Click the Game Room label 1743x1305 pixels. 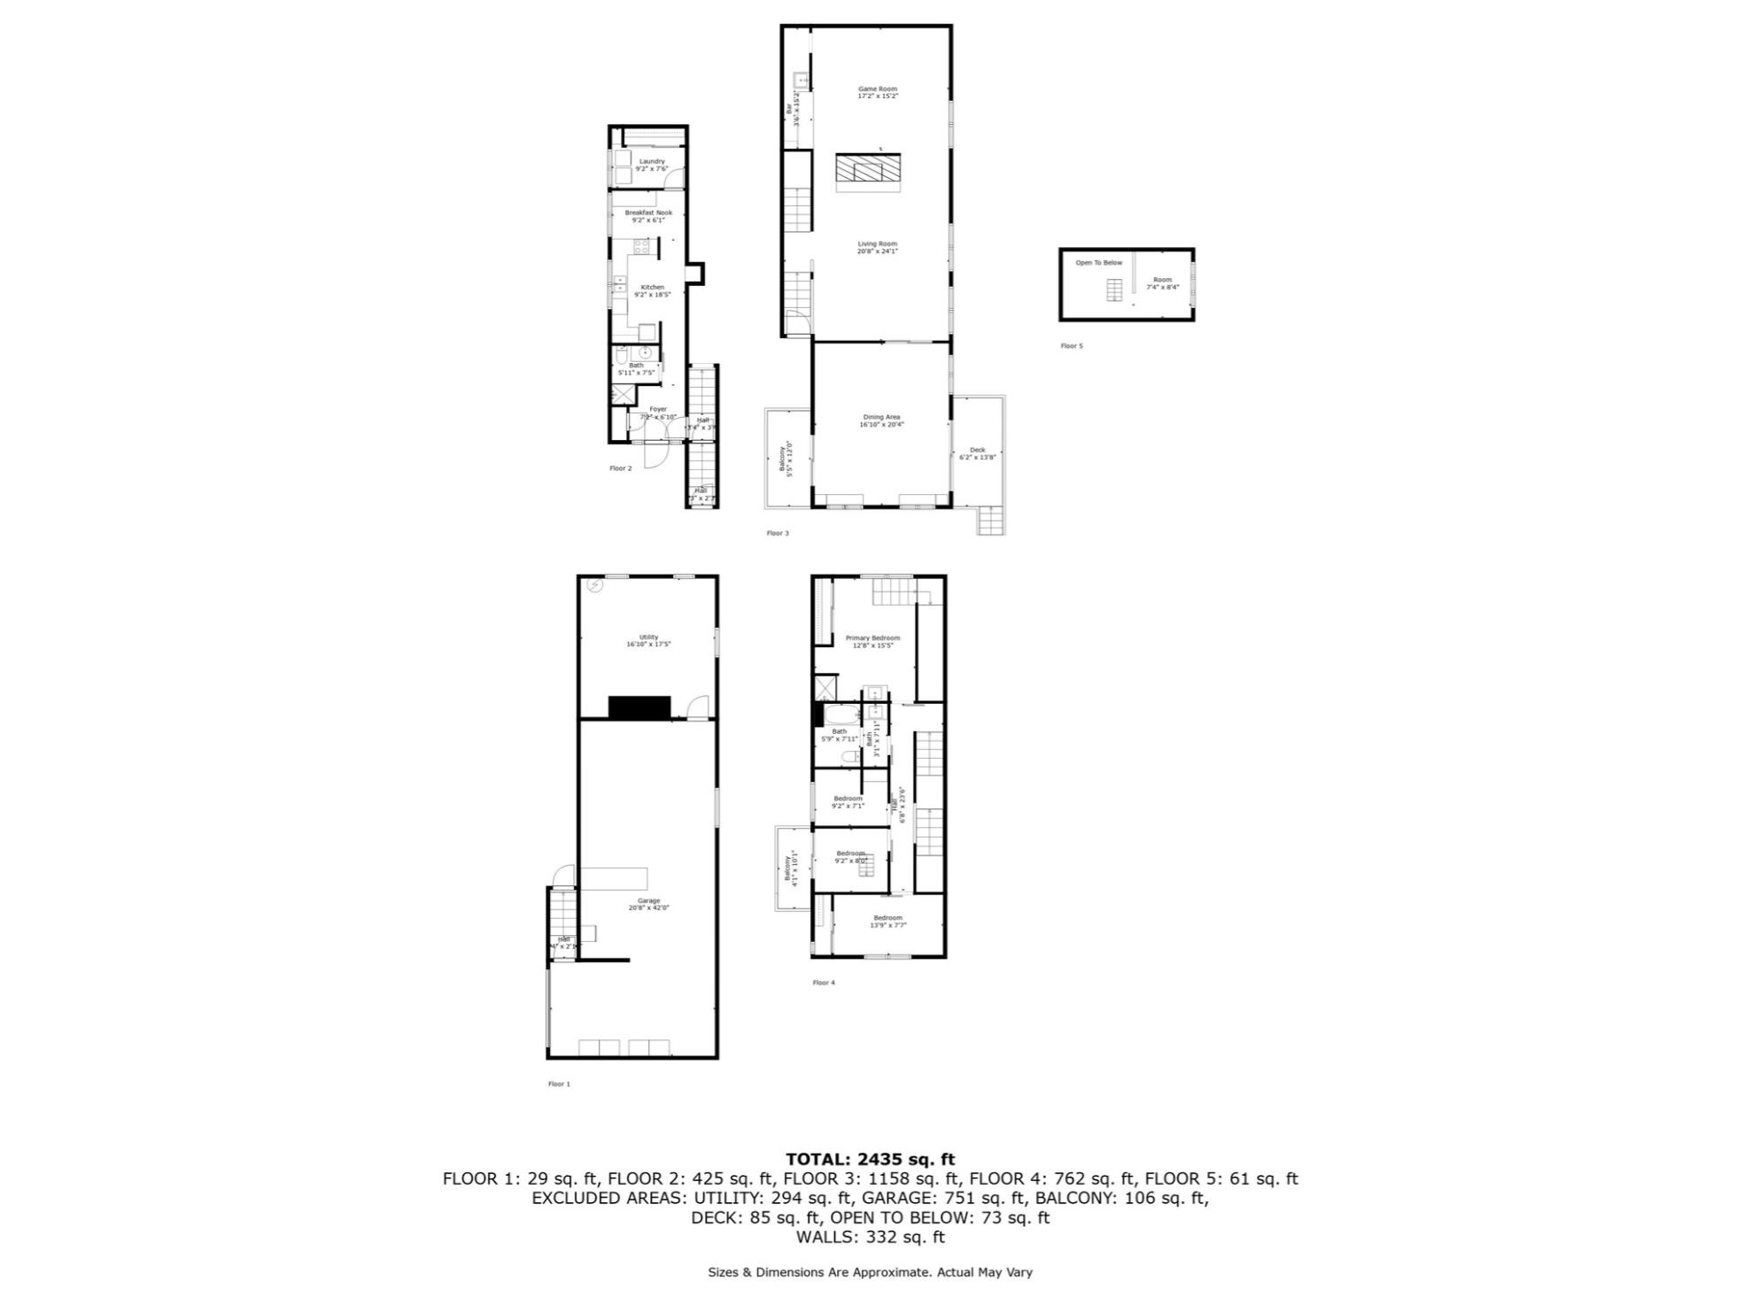[x=877, y=89]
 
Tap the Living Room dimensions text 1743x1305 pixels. [x=877, y=251]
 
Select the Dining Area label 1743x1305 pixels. [x=881, y=417]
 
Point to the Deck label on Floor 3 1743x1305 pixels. [x=977, y=450]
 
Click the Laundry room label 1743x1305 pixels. [x=652, y=161]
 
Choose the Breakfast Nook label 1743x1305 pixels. [x=648, y=212]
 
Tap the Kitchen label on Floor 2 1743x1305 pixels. [x=653, y=287]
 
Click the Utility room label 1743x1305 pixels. [x=648, y=637]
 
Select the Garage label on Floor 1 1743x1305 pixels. [x=648, y=900]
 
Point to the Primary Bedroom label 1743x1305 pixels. [x=872, y=638]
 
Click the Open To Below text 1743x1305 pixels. [x=1098, y=263]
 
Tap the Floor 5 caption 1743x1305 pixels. [x=1071, y=346]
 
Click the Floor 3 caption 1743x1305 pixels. [x=777, y=533]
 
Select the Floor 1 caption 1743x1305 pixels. [x=559, y=1084]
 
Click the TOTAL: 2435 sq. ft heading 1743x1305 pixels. [x=870, y=1159]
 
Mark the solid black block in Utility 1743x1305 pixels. [x=639, y=707]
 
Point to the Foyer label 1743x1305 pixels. [x=657, y=409]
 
